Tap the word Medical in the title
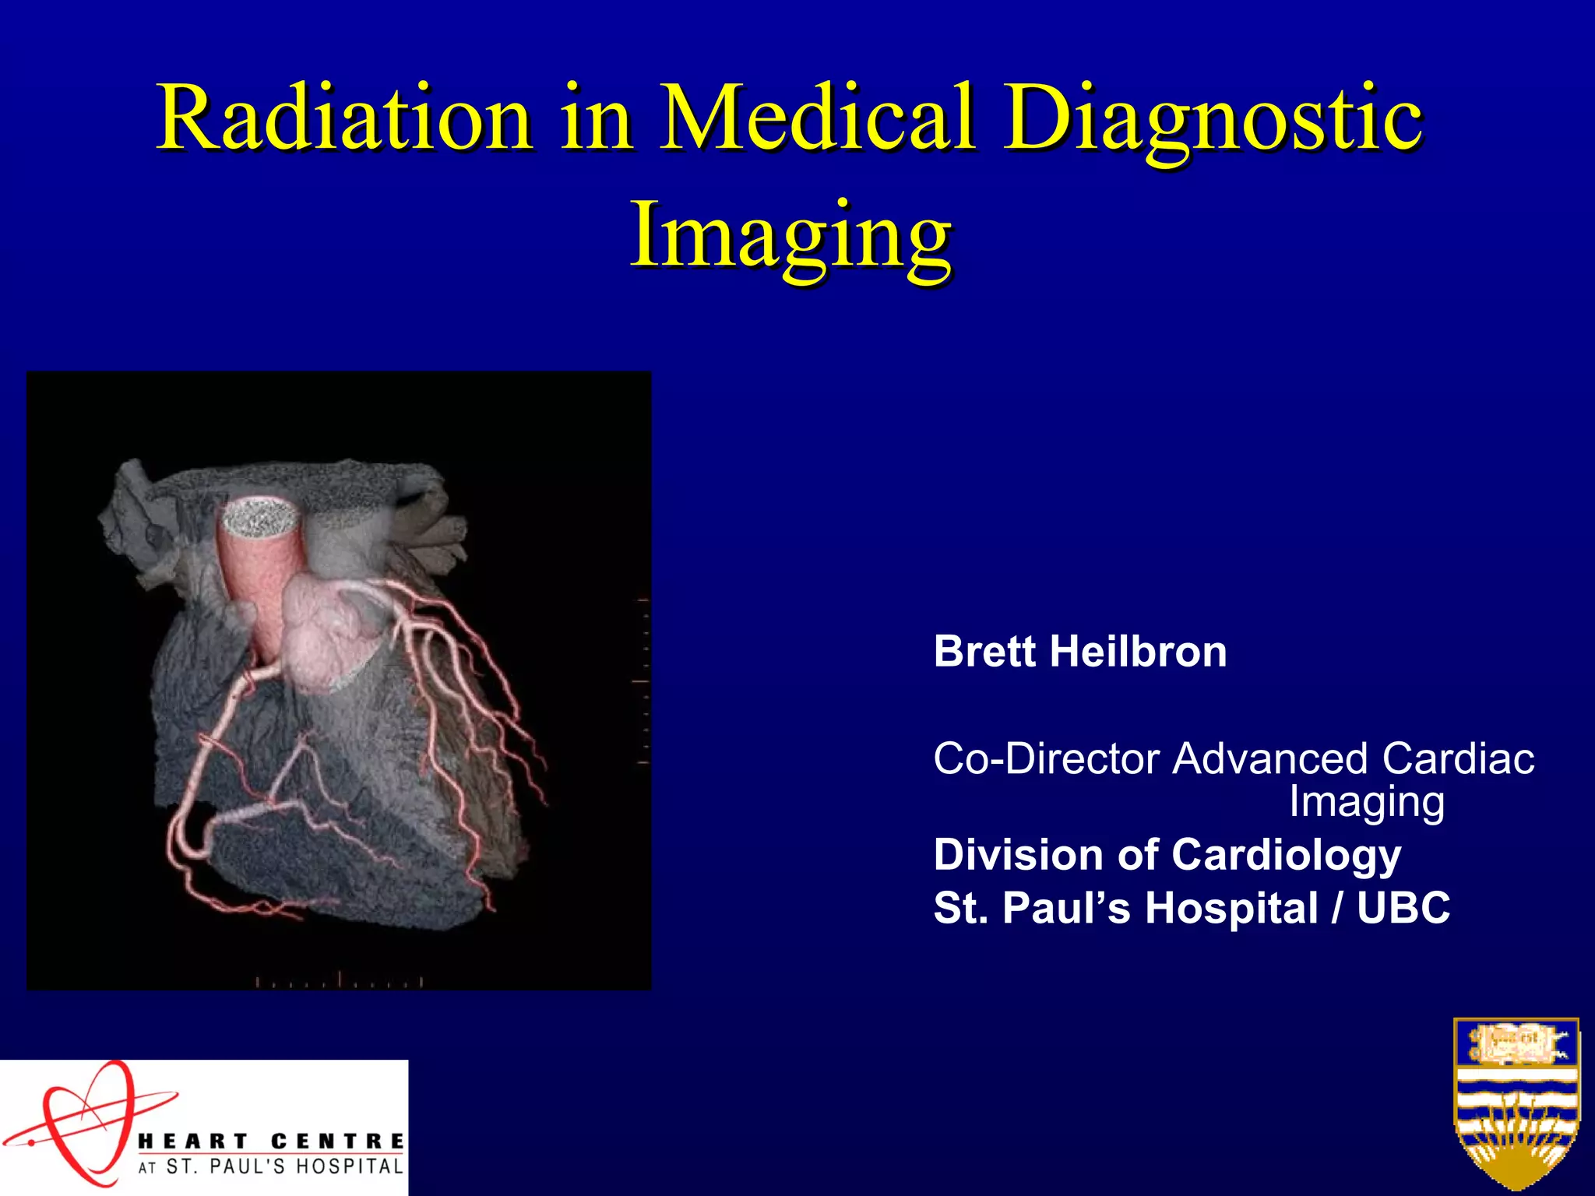click(x=818, y=119)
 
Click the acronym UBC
click(x=1403, y=908)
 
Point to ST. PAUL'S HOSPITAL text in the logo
click(x=284, y=1167)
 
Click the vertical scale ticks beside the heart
click(x=643, y=681)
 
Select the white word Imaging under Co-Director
click(x=1367, y=802)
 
